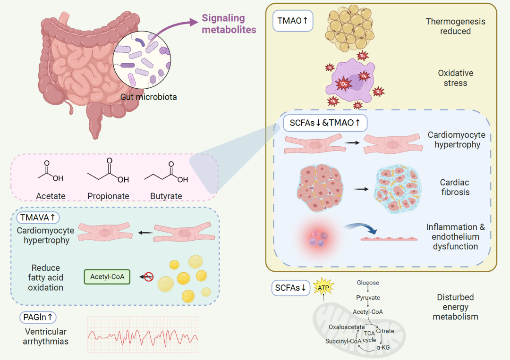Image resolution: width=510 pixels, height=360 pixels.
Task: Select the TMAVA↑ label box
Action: (38, 218)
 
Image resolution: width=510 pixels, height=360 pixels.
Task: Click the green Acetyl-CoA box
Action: (107, 276)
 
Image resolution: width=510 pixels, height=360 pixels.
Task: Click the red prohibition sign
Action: (148, 276)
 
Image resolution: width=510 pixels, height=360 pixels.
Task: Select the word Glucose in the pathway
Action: (368, 283)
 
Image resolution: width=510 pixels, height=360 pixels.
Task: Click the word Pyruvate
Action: (368, 298)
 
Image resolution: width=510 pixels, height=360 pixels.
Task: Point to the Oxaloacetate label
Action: (347, 327)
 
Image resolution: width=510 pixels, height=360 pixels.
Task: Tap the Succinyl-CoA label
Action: (343, 341)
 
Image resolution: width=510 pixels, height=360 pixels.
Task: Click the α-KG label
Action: (383, 347)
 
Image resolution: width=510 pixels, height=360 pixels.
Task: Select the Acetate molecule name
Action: (51, 196)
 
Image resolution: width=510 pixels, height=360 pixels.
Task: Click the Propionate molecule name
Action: (108, 196)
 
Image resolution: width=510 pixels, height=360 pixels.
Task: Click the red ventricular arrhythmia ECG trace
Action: (143, 335)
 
